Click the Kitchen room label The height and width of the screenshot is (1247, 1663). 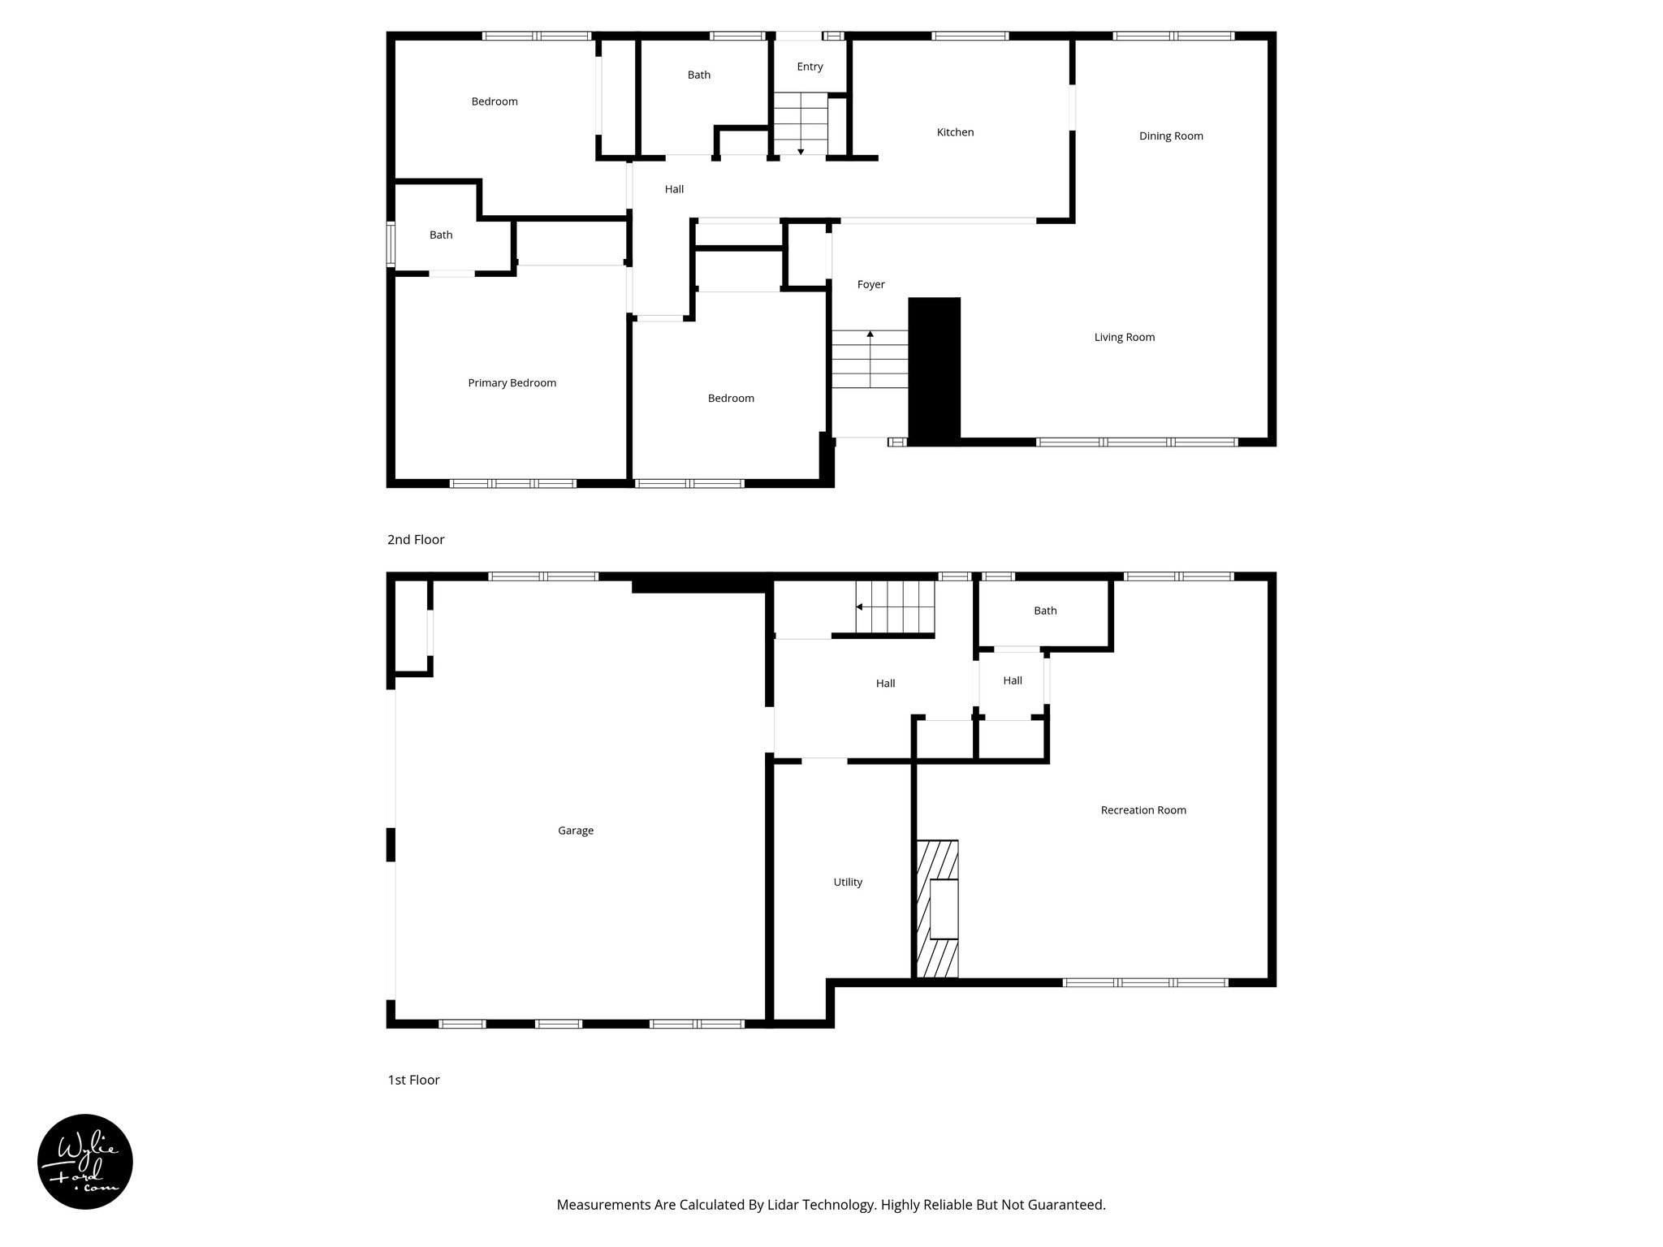(955, 132)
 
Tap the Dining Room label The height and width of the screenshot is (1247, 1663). (1171, 136)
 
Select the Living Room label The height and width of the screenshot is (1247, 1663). (1124, 338)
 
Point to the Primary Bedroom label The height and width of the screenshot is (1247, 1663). (512, 383)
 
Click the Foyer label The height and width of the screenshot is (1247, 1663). (870, 285)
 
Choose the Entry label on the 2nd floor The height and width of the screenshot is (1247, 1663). (810, 67)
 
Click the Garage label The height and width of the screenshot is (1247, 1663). (576, 831)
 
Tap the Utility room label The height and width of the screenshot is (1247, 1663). (848, 882)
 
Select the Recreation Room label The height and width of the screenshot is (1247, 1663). (1143, 810)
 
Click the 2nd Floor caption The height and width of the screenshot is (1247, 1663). (416, 540)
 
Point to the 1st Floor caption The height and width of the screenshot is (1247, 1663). (413, 1080)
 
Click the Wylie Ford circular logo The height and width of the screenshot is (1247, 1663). (85, 1162)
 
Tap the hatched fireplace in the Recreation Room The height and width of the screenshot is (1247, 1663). (937, 909)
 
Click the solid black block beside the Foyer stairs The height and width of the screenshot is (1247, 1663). (934, 370)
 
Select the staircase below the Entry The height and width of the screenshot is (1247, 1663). (800, 123)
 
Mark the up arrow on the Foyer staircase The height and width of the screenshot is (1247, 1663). (870, 334)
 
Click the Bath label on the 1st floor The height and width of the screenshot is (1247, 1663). (1045, 611)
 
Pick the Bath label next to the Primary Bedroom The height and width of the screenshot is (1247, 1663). (441, 235)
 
